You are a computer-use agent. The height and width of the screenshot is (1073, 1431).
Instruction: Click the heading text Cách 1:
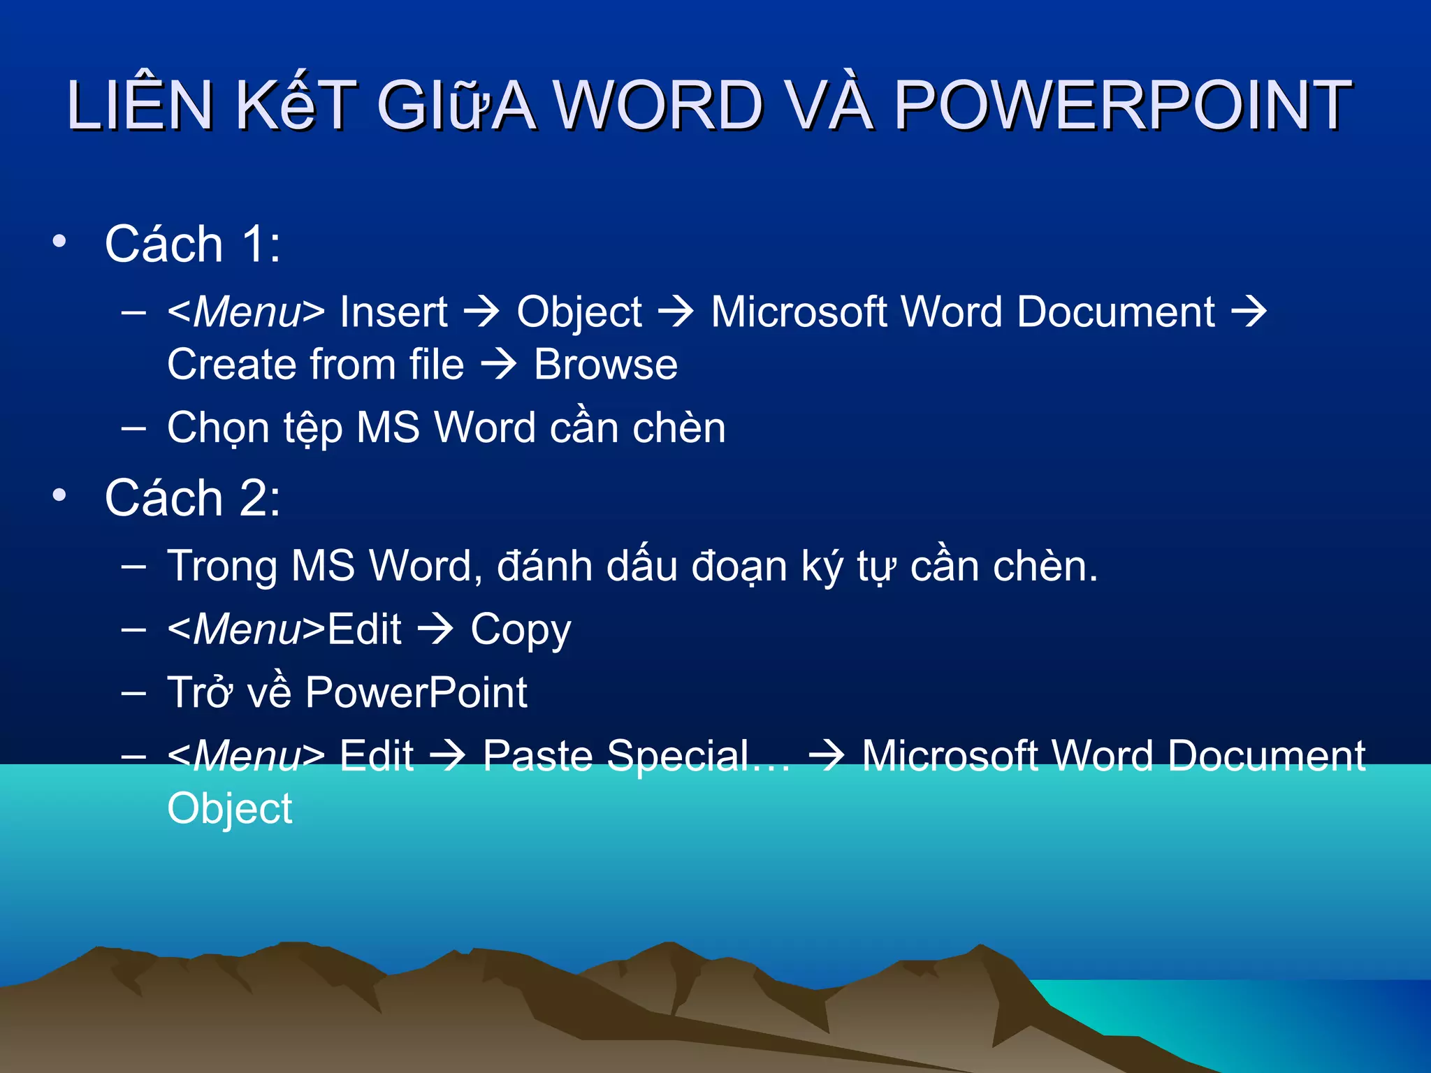(193, 244)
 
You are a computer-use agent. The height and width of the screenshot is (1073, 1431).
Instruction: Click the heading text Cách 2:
(193, 498)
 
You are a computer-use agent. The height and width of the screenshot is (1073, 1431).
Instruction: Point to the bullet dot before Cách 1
(59, 242)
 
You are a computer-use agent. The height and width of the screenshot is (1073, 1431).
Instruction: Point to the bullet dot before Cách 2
(59, 495)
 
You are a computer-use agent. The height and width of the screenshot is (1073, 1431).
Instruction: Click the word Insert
(393, 312)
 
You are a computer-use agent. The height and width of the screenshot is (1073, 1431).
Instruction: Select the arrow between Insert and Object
(482, 312)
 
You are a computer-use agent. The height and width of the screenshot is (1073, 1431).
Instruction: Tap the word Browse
(606, 365)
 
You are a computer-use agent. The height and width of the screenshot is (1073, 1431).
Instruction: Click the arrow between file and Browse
(499, 365)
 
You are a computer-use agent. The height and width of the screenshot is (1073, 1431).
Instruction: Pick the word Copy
(521, 630)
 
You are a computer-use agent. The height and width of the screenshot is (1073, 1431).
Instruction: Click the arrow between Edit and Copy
(436, 629)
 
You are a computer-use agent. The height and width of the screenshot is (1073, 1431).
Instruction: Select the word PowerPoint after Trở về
(416, 692)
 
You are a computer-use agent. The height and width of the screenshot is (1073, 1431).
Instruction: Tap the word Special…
(699, 756)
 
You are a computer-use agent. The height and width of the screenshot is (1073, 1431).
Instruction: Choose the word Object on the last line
(230, 809)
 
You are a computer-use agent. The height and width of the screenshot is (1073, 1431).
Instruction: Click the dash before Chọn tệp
(133, 428)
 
